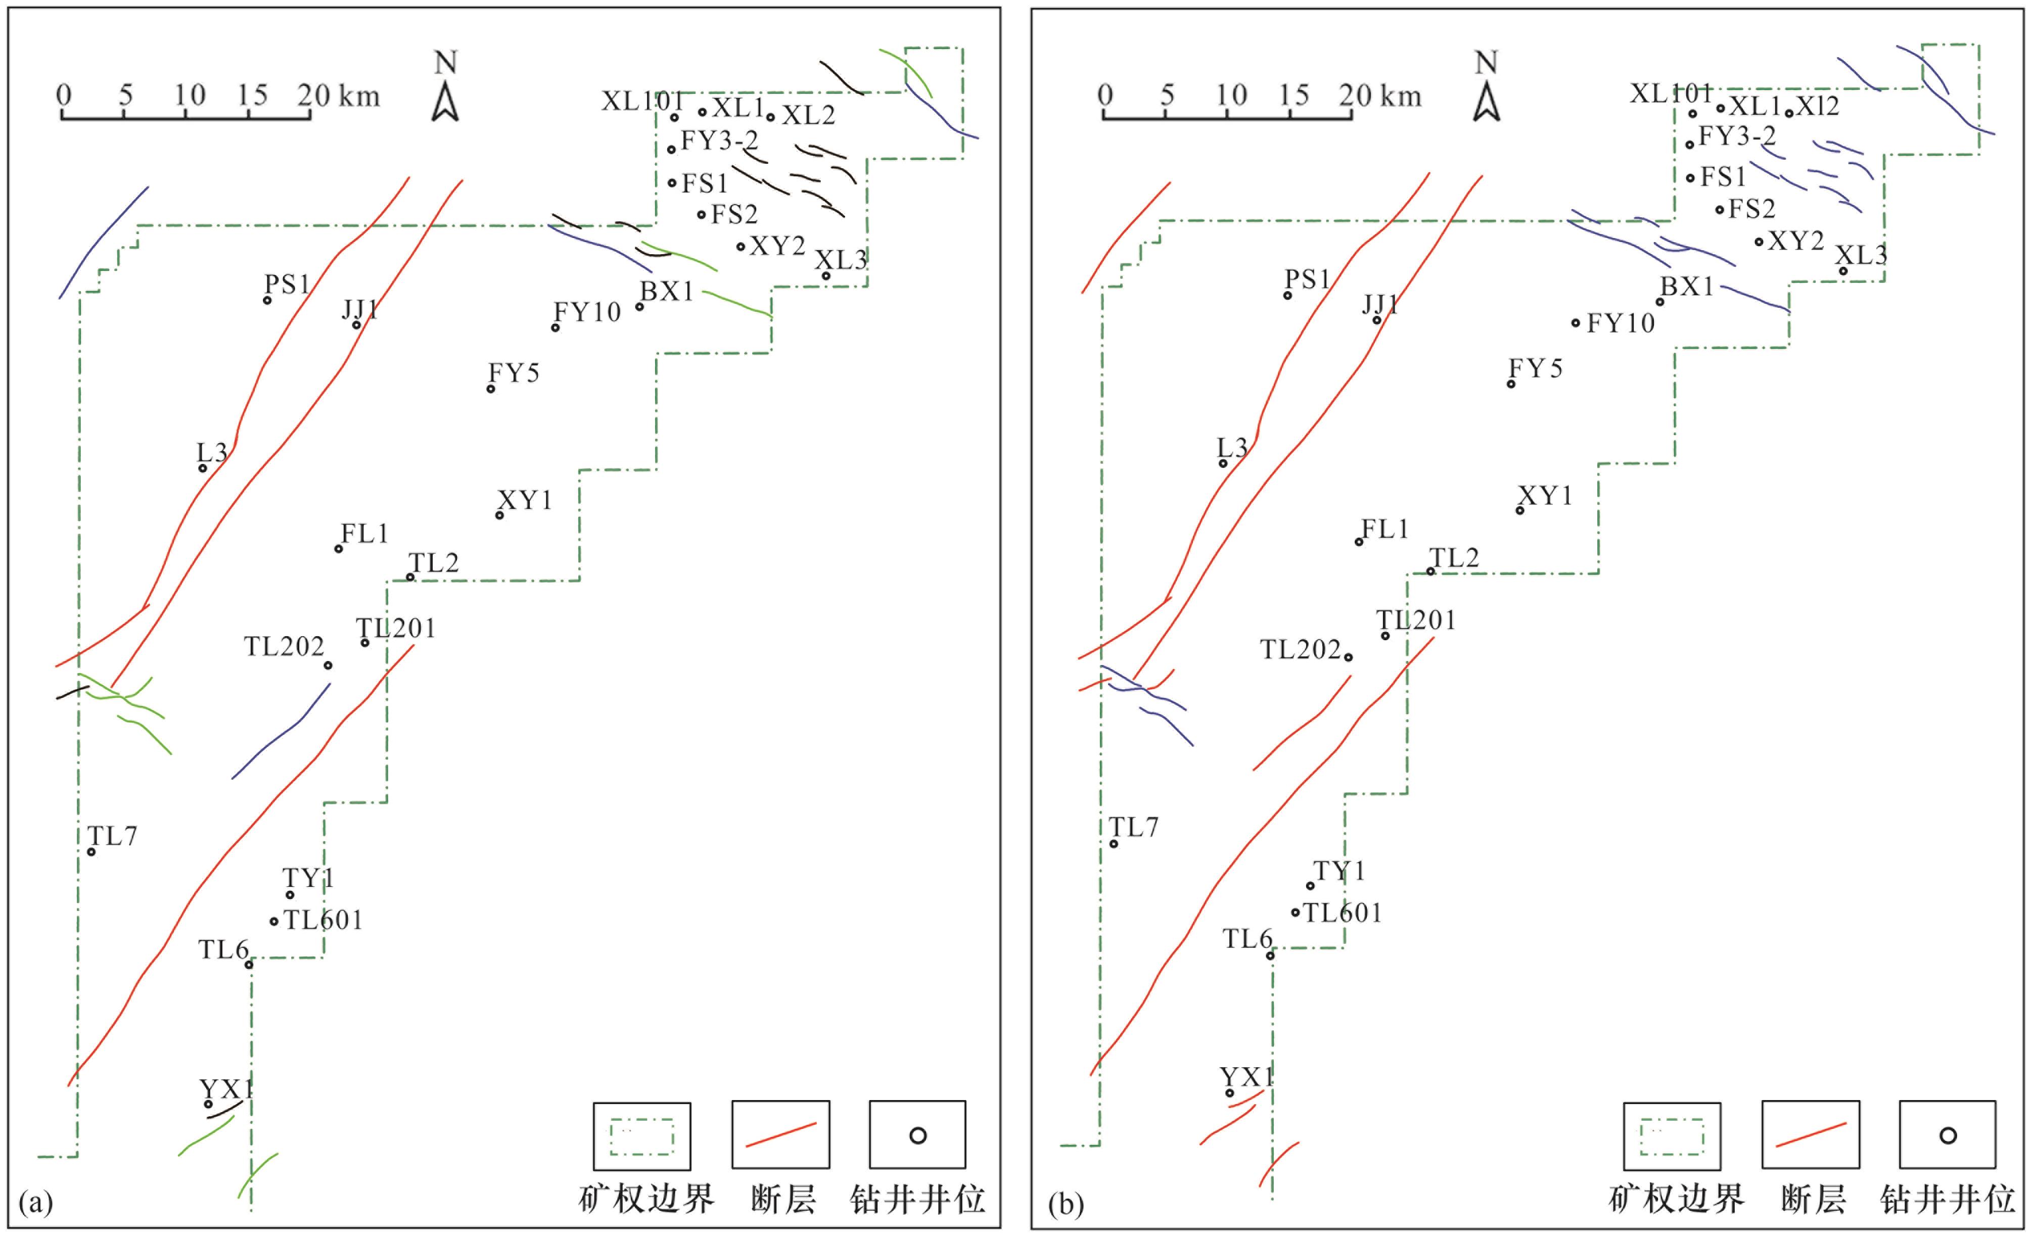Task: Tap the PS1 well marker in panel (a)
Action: (x=267, y=300)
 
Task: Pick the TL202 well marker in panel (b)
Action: (x=1349, y=657)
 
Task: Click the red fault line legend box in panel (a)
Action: (x=780, y=1135)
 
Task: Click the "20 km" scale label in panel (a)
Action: (x=339, y=97)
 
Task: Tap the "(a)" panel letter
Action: (x=35, y=1203)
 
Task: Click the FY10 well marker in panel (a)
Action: (x=556, y=328)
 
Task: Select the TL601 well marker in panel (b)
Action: (x=1296, y=913)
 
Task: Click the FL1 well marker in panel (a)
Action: (x=338, y=549)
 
